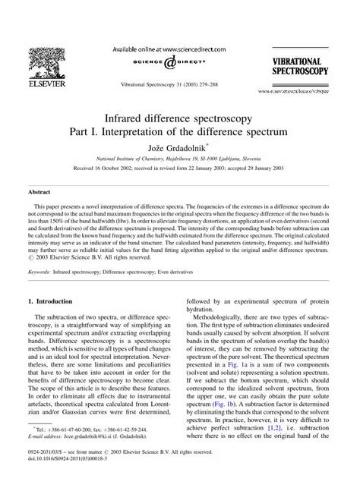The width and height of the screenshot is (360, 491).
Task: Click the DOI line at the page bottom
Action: point(68,482)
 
